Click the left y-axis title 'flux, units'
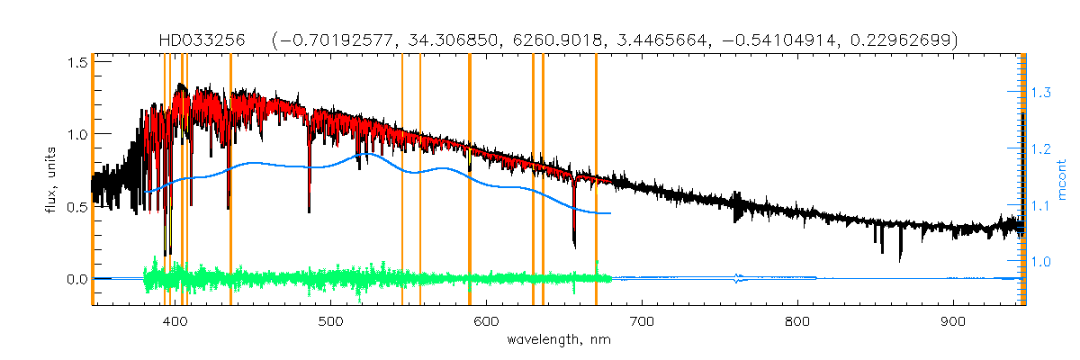click(x=52, y=180)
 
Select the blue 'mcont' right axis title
click(x=1062, y=180)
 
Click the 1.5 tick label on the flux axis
click(x=76, y=61)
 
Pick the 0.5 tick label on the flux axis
click(x=76, y=206)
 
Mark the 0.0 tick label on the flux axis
click(x=76, y=279)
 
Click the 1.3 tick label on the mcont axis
click(x=1040, y=93)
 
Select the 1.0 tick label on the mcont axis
click(x=1040, y=262)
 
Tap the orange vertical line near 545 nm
click(x=401, y=180)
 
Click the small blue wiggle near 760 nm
click(x=739, y=279)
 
